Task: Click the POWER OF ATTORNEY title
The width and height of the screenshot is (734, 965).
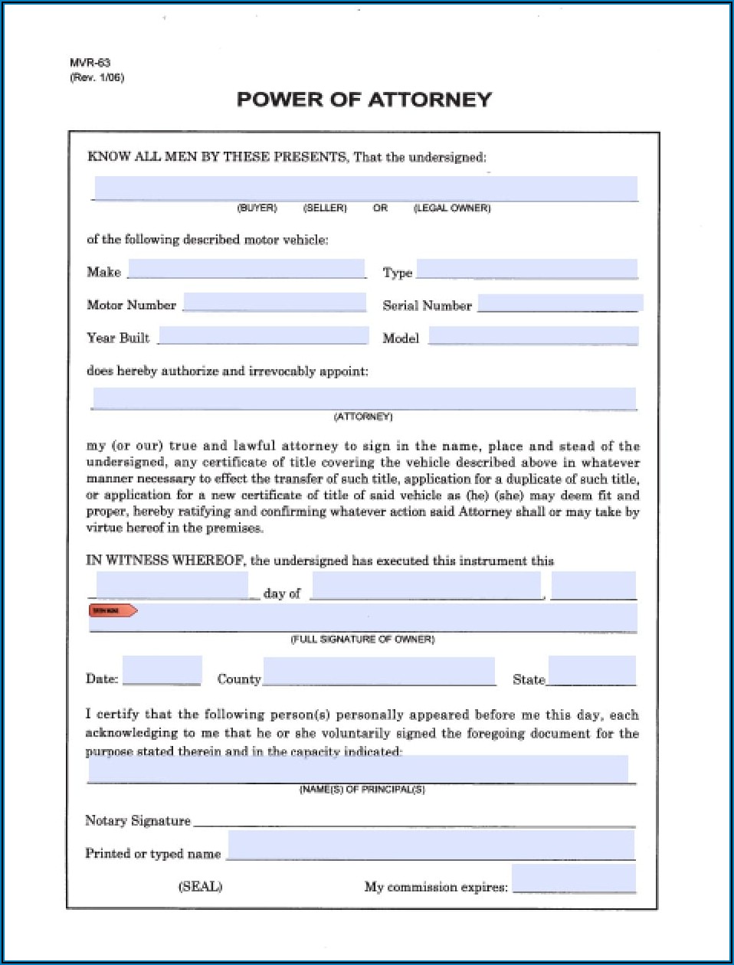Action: point(364,100)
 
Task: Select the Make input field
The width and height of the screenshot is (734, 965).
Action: point(247,270)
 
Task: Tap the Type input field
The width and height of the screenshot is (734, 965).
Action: point(526,270)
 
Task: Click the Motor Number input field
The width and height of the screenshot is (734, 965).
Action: point(274,303)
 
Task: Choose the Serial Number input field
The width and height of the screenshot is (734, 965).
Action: point(559,303)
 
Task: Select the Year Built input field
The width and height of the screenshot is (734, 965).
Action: point(263,335)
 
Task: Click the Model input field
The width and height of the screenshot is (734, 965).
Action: point(532,335)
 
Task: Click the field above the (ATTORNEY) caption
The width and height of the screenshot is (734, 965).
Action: point(364,399)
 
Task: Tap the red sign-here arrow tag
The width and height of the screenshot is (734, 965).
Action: point(113,610)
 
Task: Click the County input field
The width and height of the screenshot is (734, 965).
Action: point(378,672)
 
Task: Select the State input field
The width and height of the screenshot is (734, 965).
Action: point(591,671)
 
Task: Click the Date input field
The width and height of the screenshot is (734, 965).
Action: point(162,671)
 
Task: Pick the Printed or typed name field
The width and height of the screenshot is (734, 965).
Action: point(431,846)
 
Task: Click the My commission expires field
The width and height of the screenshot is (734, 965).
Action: point(573,879)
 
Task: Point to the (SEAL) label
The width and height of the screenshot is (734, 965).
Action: point(200,887)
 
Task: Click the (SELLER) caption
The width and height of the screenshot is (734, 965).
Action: point(325,208)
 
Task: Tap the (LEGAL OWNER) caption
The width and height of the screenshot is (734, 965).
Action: point(452,208)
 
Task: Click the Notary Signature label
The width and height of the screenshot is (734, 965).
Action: point(138,821)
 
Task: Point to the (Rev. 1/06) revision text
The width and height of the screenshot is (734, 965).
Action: point(97,78)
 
